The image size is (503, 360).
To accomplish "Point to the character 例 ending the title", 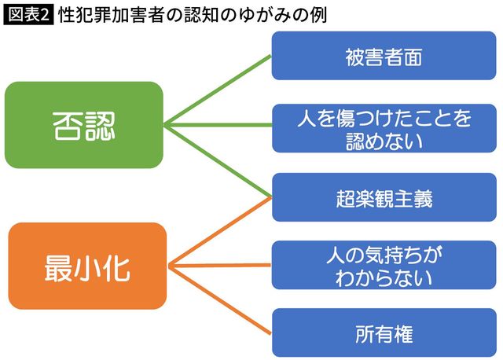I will click(317, 15).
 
